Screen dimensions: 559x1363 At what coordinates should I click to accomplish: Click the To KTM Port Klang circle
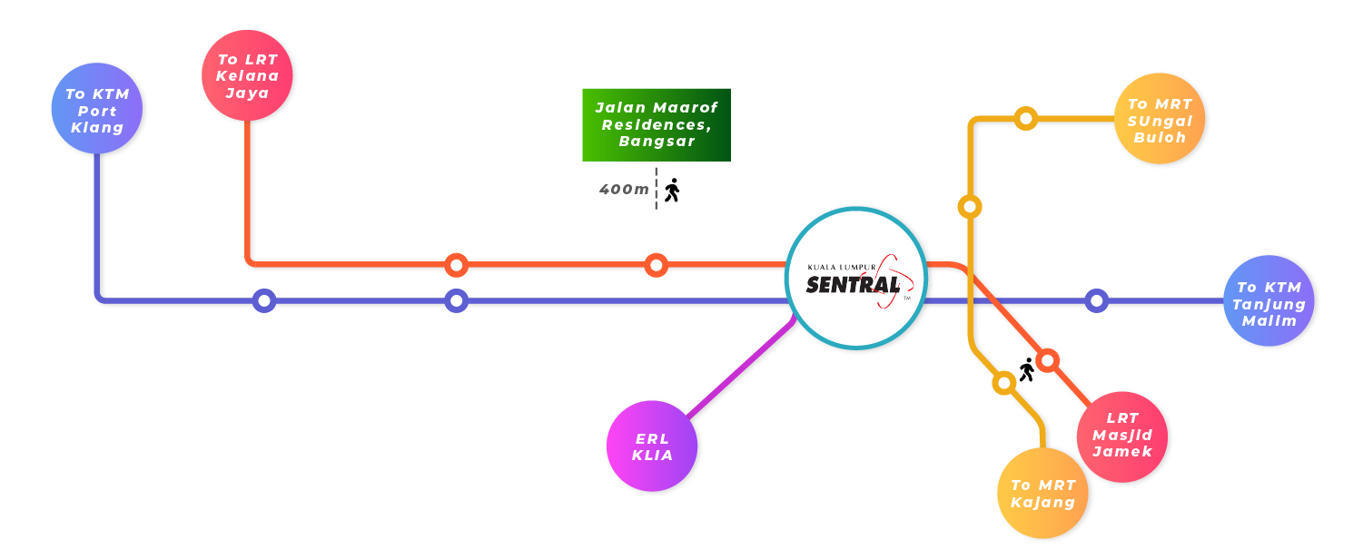pos(98,110)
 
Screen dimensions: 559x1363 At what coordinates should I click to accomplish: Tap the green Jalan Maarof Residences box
pos(656,124)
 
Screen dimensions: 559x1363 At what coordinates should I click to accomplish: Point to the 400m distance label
pos(624,190)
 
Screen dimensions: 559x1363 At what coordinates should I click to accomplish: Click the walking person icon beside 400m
pos(672,190)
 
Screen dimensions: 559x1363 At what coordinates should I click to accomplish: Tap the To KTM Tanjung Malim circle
pos(1269,301)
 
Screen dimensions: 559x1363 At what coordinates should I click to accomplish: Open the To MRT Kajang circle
pos(1043,494)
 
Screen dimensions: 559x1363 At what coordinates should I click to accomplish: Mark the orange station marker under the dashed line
pos(656,265)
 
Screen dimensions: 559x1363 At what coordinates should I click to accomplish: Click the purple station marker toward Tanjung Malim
pos(1097,300)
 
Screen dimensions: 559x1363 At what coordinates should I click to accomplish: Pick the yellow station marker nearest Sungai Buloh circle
pos(1025,118)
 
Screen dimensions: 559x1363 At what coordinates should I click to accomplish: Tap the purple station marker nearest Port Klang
pos(263,300)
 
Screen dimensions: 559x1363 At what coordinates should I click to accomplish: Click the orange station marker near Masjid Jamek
pos(1048,360)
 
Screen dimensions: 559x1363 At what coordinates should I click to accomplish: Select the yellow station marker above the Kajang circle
pos(1003,383)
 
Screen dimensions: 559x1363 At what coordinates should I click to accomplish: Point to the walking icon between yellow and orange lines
pos(1027,369)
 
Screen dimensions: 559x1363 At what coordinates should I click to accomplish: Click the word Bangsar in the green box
pos(657,142)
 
